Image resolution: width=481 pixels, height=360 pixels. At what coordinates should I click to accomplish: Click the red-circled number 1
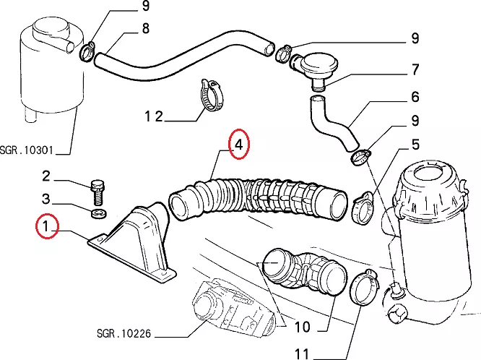coord(47,228)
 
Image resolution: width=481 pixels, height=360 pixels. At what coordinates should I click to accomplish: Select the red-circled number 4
coord(239,144)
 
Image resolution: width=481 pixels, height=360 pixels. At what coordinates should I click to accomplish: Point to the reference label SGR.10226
coord(123,334)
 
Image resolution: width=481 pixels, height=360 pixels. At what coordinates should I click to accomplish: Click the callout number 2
coord(45,176)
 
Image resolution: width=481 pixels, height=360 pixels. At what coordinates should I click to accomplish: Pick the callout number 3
coord(45,199)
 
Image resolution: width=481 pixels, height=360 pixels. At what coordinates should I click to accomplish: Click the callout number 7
coord(415,70)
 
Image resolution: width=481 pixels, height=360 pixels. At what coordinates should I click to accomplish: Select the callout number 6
coord(415,97)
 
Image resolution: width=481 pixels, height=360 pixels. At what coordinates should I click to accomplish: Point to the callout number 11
coord(301,353)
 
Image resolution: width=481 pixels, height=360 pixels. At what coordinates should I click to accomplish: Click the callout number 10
coord(302,327)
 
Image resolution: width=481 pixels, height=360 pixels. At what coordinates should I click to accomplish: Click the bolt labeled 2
coord(99,191)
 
